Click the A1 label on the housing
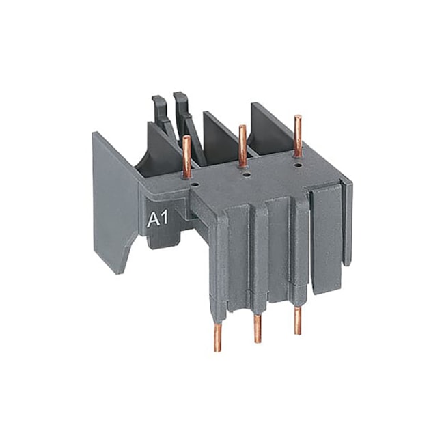pyautogui.click(x=159, y=220)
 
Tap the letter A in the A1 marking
pyautogui.click(x=154, y=220)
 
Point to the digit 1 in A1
pyautogui.click(x=165, y=220)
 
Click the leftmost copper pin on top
pyautogui.click(x=186, y=156)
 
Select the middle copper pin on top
pyautogui.click(x=242, y=144)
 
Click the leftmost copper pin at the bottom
pyautogui.click(x=218, y=335)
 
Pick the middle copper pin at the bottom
pyautogui.click(x=258, y=327)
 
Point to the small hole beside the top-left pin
pyautogui.click(x=195, y=183)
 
